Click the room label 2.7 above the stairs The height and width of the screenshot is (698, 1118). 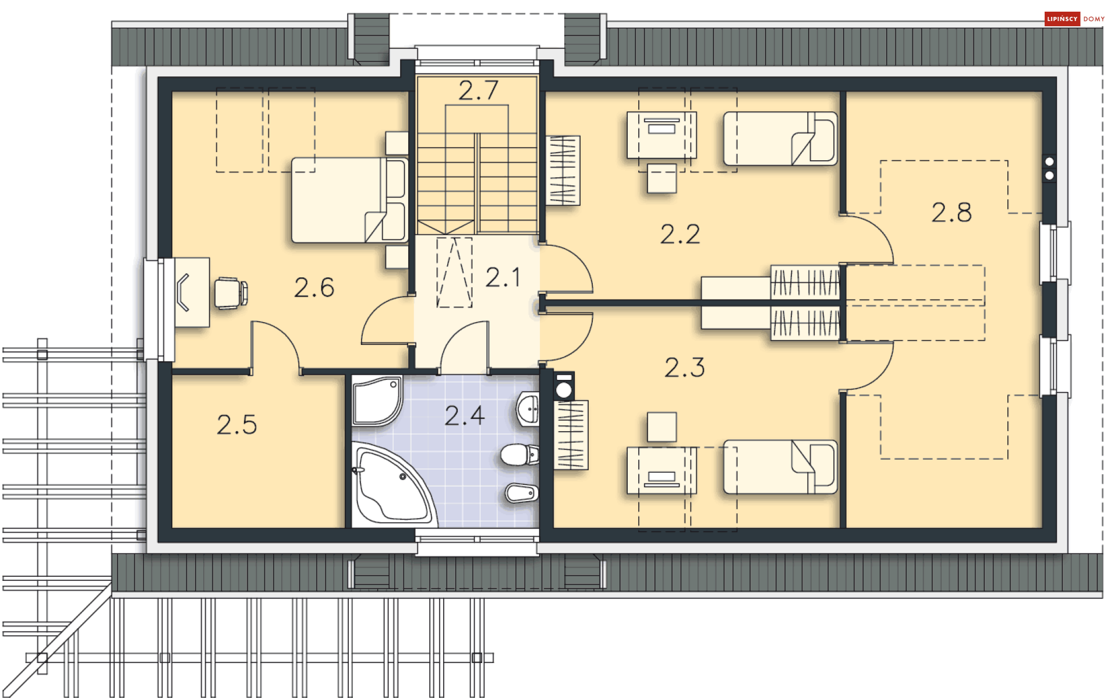coord(478,90)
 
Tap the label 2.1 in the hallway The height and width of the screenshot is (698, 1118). coord(503,277)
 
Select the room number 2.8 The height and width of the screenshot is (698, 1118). coord(951,212)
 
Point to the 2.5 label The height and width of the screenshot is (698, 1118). coord(236,425)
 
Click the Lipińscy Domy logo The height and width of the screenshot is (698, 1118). coord(1074,19)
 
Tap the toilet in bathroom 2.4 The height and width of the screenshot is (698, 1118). coord(519,454)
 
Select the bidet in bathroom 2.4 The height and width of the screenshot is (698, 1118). coord(522,493)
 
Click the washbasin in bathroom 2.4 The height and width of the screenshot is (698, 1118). coord(528,409)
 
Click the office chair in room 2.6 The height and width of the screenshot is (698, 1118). coord(231,292)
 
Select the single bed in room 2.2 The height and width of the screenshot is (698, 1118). coord(780,139)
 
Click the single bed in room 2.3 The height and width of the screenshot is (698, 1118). coord(780,467)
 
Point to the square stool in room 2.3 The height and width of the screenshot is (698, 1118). coord(662,427)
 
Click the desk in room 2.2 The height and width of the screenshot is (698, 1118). coord(661,135)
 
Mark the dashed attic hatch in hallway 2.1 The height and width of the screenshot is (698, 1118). coord(454,272)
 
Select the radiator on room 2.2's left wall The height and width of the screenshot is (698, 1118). coord(562,170)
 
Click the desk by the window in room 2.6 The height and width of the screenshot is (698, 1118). coord(192,292)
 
